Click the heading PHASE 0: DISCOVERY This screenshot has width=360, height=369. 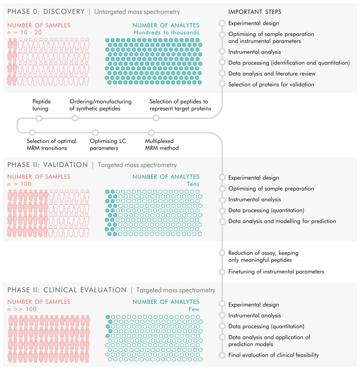[46, 11]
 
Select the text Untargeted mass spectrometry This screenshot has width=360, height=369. [137, 12]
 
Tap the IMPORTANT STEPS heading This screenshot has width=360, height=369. [255, 12]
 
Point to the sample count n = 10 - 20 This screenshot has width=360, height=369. [24, 32]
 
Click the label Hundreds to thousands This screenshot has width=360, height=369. [167, 32]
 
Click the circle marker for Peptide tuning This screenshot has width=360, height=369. [39, 118]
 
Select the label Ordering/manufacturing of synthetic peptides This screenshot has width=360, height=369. [101, 105]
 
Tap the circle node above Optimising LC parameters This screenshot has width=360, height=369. [95, 132]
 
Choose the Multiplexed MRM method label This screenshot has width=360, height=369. [162, 145]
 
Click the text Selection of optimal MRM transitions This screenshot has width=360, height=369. [51, 145]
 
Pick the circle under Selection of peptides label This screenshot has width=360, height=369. [156, 118]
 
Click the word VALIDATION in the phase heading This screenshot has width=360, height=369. [66, 165]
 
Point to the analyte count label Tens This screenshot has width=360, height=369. [193, 184]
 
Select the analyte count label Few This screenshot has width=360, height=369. [194, 309]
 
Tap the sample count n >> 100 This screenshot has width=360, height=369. [22, 309]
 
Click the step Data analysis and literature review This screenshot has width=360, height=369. [272, 74]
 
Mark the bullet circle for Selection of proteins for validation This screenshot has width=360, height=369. [222, 84]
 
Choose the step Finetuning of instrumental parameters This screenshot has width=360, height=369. [276, 271]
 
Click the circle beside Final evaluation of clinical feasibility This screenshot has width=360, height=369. [222, 355]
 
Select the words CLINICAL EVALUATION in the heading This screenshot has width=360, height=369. [85, 290]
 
